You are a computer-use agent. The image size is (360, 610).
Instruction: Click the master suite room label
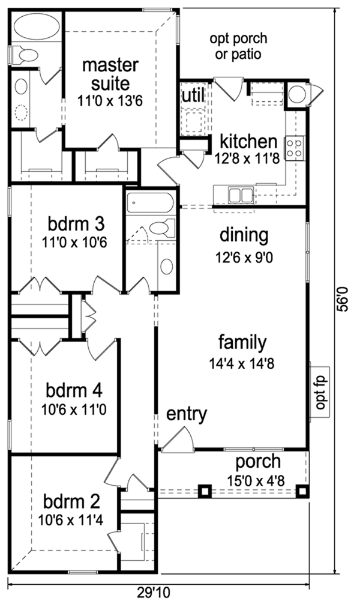pos(110,74)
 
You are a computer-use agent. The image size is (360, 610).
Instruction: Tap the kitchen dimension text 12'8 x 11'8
pos(247,159)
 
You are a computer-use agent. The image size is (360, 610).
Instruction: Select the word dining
pos(244,236)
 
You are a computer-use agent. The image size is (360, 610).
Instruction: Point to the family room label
pos(242,343)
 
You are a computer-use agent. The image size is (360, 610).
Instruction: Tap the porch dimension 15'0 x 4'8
pos(256,480)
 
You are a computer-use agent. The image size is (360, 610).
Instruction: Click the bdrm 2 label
pos(71,502)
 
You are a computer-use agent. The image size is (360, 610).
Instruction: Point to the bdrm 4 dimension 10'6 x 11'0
pos(74,409)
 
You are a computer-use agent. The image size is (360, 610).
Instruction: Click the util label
pos(193,95)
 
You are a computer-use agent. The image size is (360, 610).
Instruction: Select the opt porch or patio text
pos(238,46)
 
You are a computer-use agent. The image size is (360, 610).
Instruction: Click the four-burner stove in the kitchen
pos(295,148)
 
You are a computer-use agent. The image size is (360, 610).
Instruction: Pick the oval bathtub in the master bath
pos(37,27)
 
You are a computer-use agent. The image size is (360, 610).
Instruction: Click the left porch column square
pos(205,491)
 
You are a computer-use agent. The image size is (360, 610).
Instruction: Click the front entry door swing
pos(177,439)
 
